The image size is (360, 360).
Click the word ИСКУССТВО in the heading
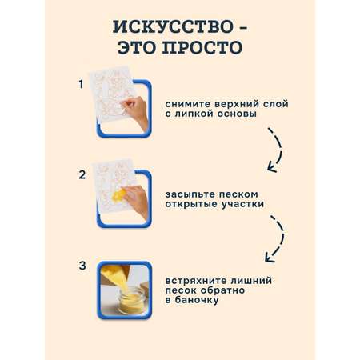tap(173, 27)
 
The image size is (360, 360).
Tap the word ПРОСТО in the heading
tap(202, 47)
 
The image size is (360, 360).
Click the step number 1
tap(81, 84)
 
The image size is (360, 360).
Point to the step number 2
tap(82, 175)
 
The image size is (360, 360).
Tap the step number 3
tap(82, 266)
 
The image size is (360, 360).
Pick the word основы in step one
tap(237, 114)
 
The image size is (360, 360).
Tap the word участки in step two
tap(242, 204)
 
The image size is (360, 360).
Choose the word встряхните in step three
tap(196, 281)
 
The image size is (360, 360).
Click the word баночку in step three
tap(197, 300)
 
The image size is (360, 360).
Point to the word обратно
tap(222, 290)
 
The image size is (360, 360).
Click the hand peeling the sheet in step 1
tap(135, 110)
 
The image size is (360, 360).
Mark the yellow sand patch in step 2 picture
tap(118, 195)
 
